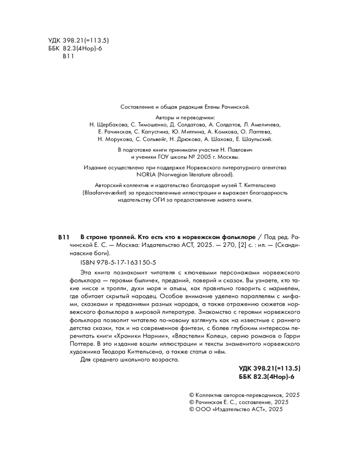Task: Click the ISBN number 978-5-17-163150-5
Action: coord(111,262)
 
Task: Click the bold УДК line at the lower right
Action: coord(269,368)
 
